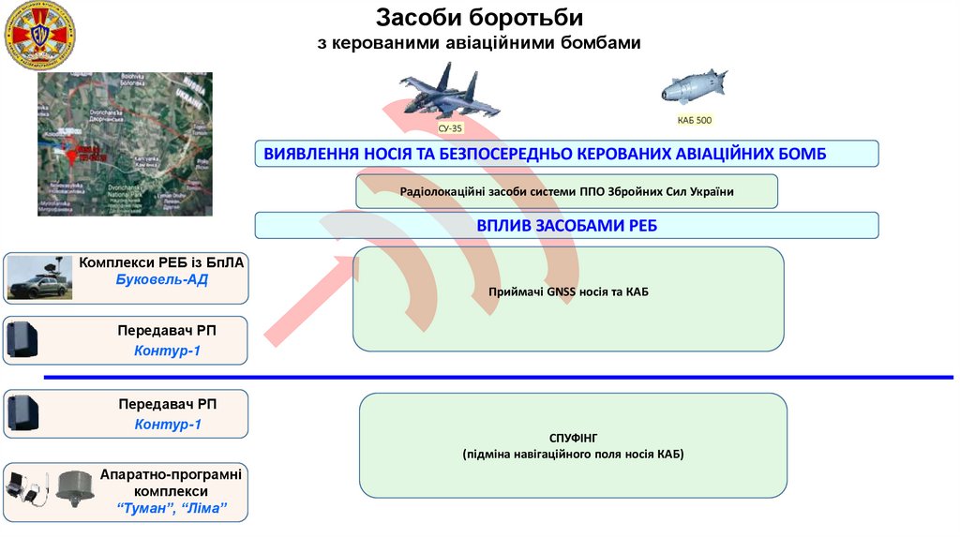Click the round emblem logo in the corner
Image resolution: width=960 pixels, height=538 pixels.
(x=40, y=37)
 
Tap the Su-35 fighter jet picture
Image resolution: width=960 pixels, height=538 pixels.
(x=451, y=94)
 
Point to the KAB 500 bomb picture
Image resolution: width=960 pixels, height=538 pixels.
(x=693, y=87)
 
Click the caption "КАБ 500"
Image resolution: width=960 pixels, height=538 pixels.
(x=695, y=121)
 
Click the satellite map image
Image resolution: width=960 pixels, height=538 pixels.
(x=125, y=144)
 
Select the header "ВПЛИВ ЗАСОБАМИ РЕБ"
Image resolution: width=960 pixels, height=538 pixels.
(x=566, y=225)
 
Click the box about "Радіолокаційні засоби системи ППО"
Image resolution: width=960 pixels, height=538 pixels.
(x=566, y=191)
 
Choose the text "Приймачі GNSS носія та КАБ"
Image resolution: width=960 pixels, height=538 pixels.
(x=568, y=292)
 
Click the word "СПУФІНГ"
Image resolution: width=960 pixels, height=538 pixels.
(x=573, y=438)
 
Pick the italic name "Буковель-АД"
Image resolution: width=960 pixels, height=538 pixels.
(x=161, y=280)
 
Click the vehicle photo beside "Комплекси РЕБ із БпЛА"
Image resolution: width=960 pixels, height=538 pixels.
(x=39, y=277)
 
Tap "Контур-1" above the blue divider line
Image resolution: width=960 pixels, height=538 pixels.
(x=168, y=351)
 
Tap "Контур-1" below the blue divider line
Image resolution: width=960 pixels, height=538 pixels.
(x=168, y=425)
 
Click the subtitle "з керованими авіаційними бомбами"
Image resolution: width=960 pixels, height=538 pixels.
(x=479, y=43)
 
